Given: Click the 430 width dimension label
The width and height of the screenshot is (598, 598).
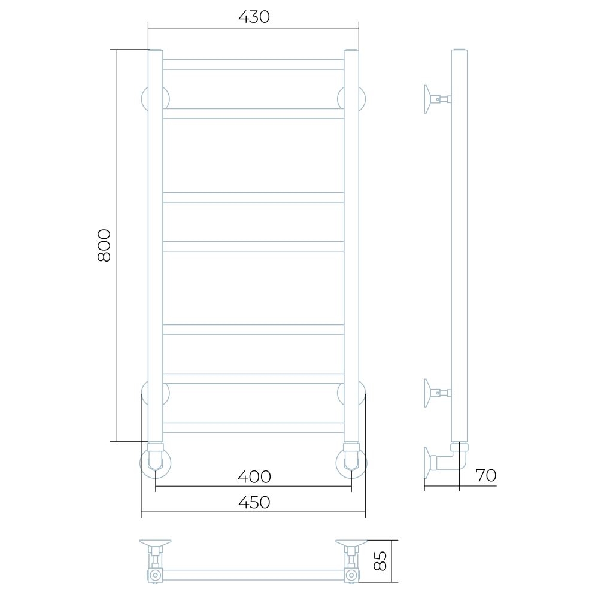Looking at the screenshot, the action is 254,17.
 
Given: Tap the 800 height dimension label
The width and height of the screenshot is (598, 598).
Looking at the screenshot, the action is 104,245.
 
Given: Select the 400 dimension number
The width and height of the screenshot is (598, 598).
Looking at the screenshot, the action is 254,476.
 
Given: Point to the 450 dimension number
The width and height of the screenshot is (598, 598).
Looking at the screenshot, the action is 254,502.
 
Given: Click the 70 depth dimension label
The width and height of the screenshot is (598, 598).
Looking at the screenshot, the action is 485,475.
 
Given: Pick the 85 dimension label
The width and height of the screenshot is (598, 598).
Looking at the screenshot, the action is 381,561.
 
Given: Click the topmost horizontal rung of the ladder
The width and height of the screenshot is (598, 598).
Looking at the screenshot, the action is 253,65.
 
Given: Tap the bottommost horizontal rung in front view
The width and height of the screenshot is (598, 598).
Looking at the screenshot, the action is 253,427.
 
